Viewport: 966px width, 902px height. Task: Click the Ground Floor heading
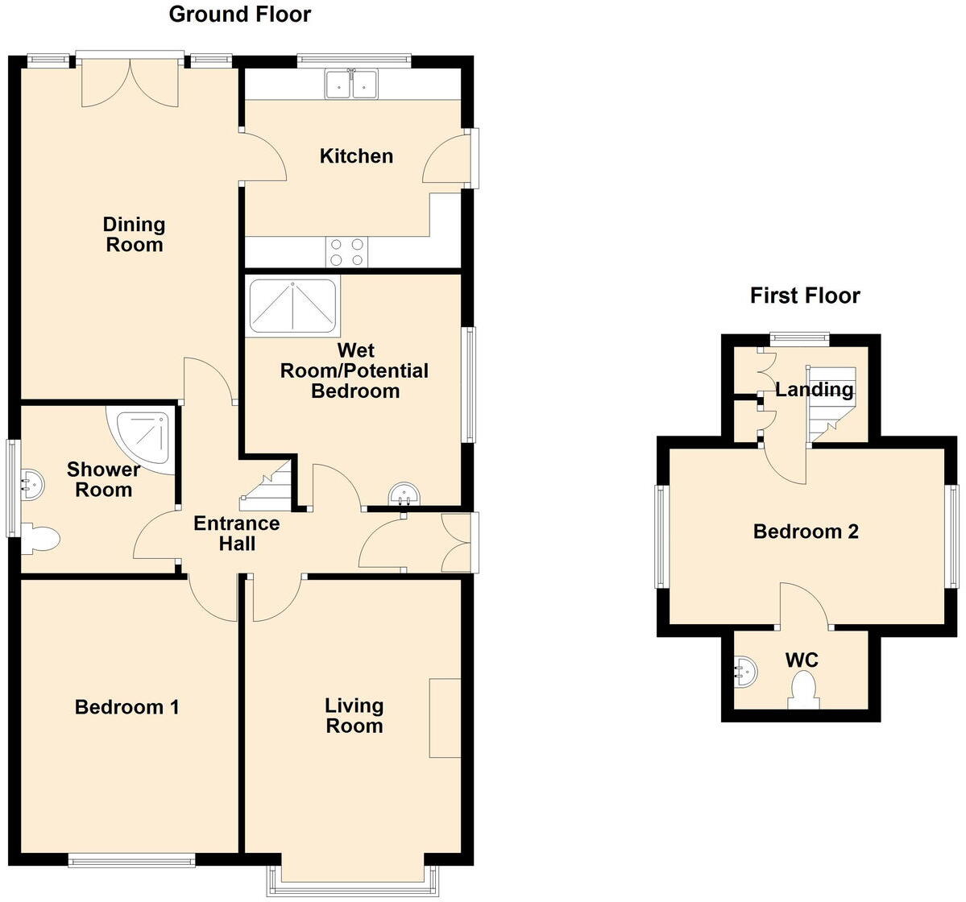[239, 14]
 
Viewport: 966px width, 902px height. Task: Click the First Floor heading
[804, 296]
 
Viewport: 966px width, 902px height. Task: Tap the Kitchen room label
[356, 156]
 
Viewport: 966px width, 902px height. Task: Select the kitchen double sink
[352, 85]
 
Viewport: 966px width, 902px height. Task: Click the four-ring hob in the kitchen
[346, 252]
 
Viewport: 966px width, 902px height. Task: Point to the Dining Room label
[134, 234]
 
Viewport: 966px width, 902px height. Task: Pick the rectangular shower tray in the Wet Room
[293, 305]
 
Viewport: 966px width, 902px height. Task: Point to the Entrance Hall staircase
[269, 487]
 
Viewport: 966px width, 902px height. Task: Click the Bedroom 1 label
[126, 707]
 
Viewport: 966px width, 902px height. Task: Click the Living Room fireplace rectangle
[445, 718]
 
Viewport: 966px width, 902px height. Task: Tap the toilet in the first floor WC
[804, 691]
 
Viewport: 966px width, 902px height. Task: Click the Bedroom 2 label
[805, 532]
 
